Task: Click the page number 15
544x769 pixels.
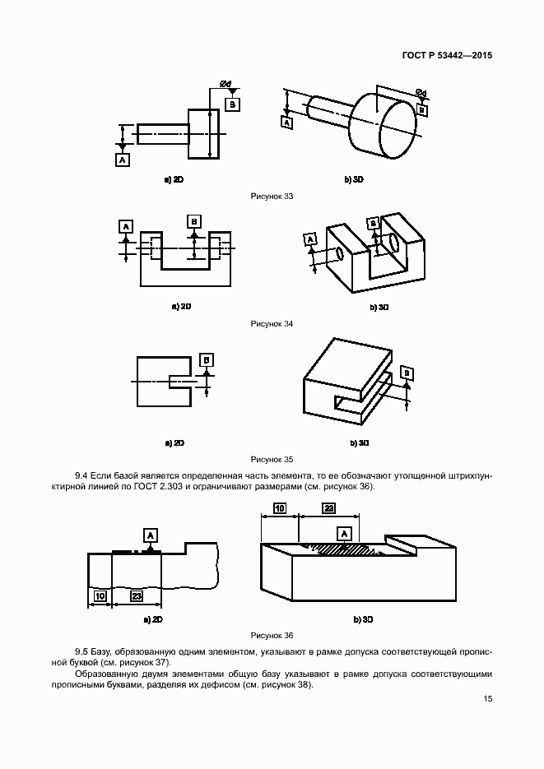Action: click(488, 698)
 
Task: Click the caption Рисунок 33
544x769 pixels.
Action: click(272, 196)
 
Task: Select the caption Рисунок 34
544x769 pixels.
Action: click(272, 324)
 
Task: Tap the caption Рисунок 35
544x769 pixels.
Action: click(272, 459)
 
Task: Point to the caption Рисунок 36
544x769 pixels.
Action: click(272, 635)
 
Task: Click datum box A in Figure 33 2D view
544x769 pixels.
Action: click(122, 160)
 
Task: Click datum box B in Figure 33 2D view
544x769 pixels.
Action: click(233, 104)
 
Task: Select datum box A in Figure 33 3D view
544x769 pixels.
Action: click(286, 122)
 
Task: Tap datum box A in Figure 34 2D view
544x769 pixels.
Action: click(126, 225)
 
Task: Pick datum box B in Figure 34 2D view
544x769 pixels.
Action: click(194, 221)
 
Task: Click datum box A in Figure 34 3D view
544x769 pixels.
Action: click(310, 239)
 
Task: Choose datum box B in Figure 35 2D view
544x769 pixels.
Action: click(207, 359)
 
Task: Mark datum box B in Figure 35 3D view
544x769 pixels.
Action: click(407, 373)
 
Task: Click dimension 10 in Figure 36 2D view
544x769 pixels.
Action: click(100, 595)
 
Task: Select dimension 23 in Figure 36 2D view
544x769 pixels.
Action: click(136, 595)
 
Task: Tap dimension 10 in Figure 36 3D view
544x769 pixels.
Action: click(280, 509)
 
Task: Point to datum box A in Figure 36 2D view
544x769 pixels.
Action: click(150, 535)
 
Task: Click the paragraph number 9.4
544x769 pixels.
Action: click(81, 475)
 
